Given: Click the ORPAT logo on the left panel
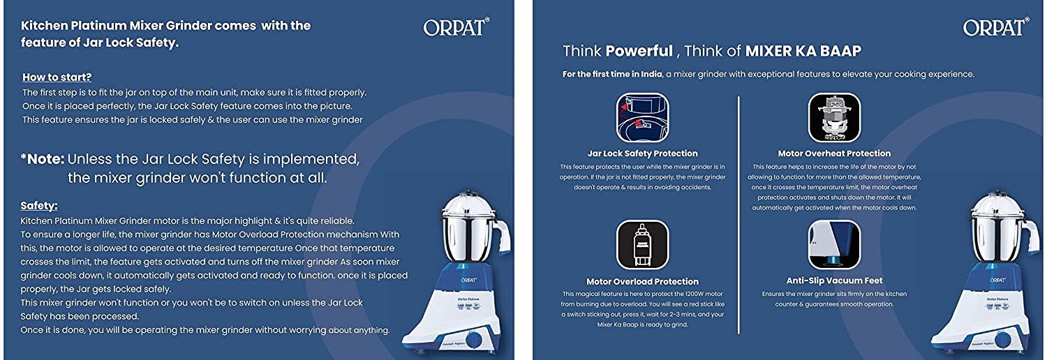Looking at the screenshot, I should (x=456, y=27).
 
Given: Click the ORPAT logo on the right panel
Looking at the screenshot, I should (x=995, y=27).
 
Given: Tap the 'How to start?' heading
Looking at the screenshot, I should (x=57, y=77).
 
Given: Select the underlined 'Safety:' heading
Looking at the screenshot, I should (x=39, y=206).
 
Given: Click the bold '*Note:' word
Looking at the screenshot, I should (x=42, y=159).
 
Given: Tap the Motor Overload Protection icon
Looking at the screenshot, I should (x=642, y=245).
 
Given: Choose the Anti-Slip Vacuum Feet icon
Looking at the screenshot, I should (x=834, y=245).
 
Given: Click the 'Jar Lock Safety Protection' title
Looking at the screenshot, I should (x=642, y=153).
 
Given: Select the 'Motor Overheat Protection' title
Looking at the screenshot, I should (x=834, y=153).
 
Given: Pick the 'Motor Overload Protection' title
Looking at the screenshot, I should (x=642, y=282).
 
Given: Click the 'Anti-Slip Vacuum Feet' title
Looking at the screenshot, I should (x=834, y=280).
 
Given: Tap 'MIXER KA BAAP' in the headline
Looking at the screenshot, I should (x=803, y=51).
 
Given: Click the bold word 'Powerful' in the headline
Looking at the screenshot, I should (x=639, y=51).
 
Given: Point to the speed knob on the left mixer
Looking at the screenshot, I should (x=475, y=341).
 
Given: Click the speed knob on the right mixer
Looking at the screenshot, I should (x=1002, y=341).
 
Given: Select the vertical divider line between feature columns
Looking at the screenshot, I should (x=738, y=209).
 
